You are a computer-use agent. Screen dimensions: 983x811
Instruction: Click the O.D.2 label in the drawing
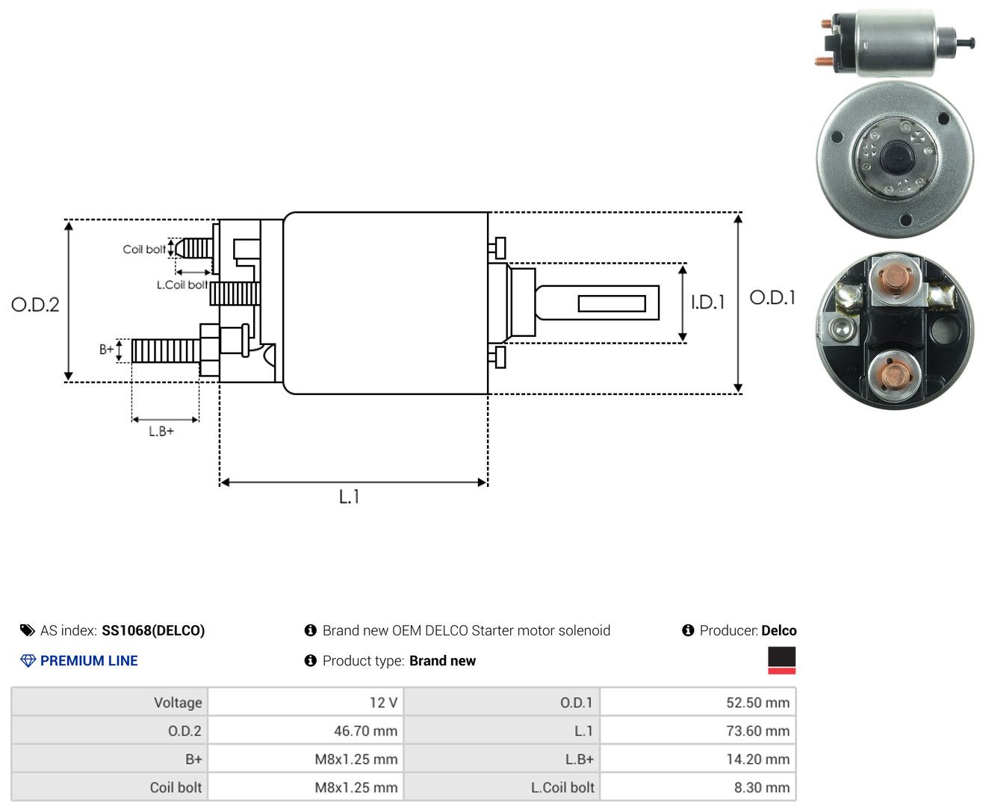[x=35, y=305]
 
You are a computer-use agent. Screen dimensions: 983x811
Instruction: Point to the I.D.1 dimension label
[x=707, y=302]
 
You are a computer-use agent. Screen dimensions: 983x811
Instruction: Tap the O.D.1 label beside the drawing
[x=772, y=297]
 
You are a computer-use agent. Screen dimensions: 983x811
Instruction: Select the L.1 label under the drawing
[x=350, y=497]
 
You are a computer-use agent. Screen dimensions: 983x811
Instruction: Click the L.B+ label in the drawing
[x=161, y=431]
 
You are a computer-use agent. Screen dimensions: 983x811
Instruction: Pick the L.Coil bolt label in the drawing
[x=182, y=285]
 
